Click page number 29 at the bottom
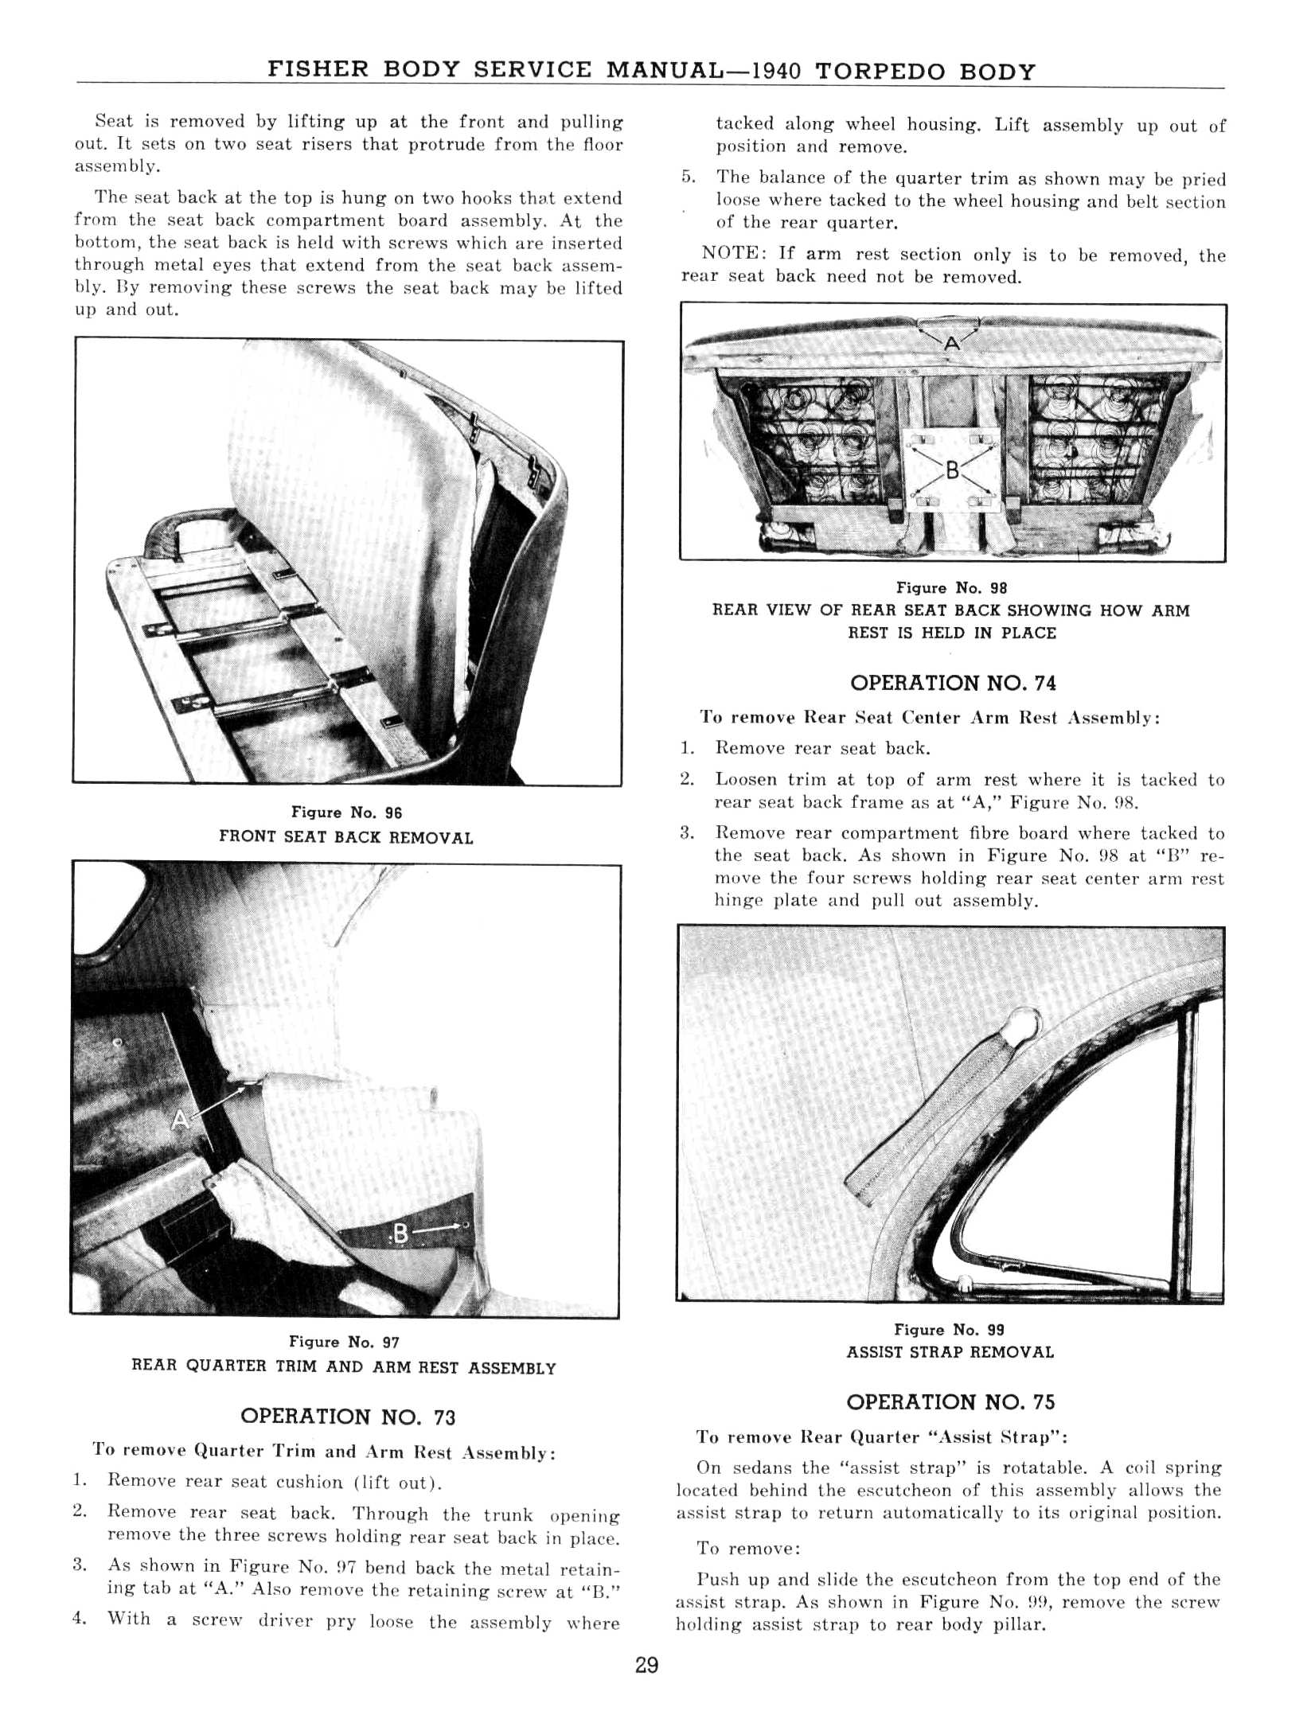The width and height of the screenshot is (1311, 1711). coord(646,1664)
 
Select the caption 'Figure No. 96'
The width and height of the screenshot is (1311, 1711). coord(346,813)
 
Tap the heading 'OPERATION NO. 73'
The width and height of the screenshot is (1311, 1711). coord(348,1416)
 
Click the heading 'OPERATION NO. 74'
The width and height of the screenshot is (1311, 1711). coord(953,683)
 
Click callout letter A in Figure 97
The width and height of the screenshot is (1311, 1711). coord(181,1120)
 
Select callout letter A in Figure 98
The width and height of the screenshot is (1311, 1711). coord(951,344)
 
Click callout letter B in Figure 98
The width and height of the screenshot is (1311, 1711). coord(951,470)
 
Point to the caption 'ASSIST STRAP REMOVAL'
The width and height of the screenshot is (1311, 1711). coord(950,1352)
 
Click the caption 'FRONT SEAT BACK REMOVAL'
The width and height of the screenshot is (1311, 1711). coord(346,837)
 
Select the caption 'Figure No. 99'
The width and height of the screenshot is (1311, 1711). coord(949,1329)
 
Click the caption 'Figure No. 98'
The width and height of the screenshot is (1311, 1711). coord(951,588)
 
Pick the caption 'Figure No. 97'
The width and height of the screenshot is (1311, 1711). coord(344,1342)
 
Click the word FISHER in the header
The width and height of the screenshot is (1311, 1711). coord(318,69)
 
